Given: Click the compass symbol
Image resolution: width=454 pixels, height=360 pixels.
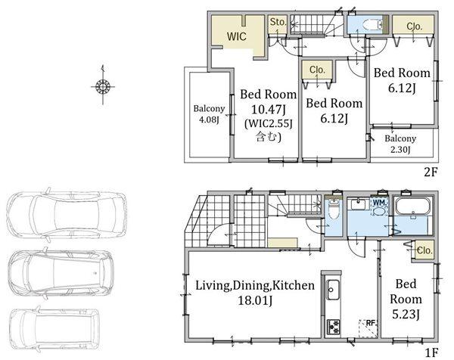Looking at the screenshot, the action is pyautogui.click(x=103, y=86).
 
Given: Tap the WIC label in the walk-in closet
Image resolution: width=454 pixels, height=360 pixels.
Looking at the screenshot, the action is pyautogui.click(x=237, y=36).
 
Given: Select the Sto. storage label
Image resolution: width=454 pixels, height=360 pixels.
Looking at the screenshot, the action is pyautogui.click(x=278, y=22).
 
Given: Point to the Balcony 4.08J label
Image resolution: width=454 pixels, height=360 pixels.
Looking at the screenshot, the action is pyautogui.click(x=209, y=113).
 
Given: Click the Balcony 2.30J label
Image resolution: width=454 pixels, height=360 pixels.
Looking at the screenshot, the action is pyautogui.click(x=400, y=144).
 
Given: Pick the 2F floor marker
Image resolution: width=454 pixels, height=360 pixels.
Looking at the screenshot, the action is pyautogui.click(x=430, y=172).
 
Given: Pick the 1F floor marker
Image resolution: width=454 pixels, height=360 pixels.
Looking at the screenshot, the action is pyautogui.click(x=431, y=352).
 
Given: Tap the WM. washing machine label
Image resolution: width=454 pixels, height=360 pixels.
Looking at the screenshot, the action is pyautogui.click(x=379, y=203).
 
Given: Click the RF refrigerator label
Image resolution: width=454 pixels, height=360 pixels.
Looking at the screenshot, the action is pyautogui.click(x=371, y=323).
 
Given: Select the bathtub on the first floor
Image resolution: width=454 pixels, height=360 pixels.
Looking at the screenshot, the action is pyautogui.click(x=412, y=206).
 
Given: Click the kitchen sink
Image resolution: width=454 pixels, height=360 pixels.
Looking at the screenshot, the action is pyautogui.click(x=333, y=290).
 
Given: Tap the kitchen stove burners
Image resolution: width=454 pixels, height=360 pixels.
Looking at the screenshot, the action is pyautogui.click(x=333, y=327).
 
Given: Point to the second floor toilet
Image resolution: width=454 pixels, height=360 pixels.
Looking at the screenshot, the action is pyautogui.click(x=372, y=24).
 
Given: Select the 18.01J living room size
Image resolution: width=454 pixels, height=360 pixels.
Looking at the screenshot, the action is pyautogui.click(x=255, y=300).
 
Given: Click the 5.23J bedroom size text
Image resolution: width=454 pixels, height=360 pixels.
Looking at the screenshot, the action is pyautogui.click(x=406, y=315).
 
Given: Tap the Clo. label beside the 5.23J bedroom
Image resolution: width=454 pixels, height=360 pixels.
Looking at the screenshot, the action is pyautogui.click(x=424, y=250).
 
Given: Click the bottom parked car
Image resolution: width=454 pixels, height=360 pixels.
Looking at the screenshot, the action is pyautogui.click(x=54, y=330).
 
